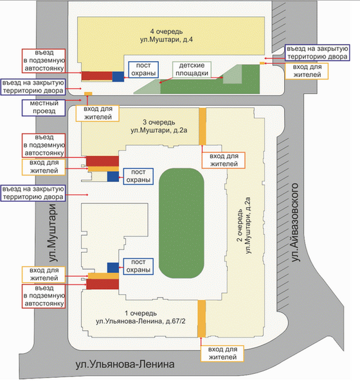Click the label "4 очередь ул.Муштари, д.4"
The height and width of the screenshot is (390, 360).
166,35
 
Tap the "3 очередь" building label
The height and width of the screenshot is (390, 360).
159,122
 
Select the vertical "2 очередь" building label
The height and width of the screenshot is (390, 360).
239,226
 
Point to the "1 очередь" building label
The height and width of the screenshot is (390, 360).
141,313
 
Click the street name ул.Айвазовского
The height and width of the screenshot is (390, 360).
294,222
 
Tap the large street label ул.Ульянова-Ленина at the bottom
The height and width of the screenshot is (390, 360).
125,364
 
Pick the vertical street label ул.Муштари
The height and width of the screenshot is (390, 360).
53,233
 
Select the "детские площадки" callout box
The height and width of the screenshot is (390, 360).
192,69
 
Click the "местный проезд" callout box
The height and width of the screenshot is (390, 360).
44,107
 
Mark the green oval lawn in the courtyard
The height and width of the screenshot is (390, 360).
181,223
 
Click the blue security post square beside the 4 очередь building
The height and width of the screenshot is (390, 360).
118,76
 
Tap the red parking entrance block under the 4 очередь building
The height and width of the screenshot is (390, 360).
97,76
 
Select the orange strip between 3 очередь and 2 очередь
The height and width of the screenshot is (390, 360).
203,127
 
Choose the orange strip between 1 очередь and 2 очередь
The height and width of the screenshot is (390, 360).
201,319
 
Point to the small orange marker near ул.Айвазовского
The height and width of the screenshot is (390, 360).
262,63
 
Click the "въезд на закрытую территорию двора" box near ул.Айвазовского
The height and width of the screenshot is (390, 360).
317,53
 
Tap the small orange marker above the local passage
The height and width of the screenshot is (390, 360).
88,94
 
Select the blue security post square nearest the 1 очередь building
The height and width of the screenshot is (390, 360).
113,268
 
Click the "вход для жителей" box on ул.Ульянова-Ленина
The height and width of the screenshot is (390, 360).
222,353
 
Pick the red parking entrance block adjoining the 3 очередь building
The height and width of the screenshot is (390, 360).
102,161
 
